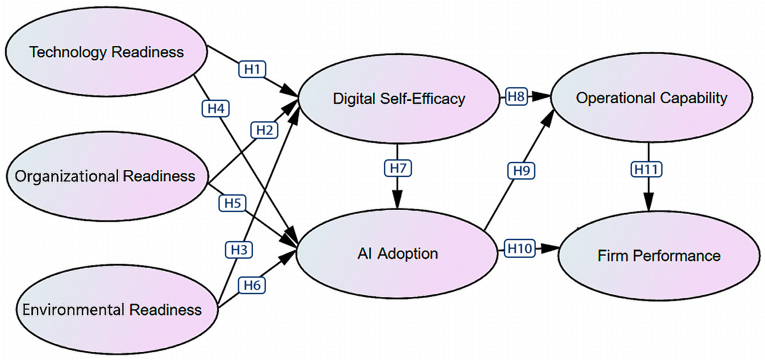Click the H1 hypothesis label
pyautogui.click(x=252, y=69)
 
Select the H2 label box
pyautogui.click(x=264, y=130)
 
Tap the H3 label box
pyautogui.click(x=239, y=250)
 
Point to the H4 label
pyautogui.click(x=216, y=108)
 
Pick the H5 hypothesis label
pyautogui.click(x=232, y=203)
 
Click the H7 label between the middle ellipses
pyautogui.click(x=398, y=168)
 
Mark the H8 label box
pyautogui.click(x=516, y=96)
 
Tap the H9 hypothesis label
pyautogui.click(x=521, y=171)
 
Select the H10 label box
pyautogui.click(x=520, y=248)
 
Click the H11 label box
pyautogui.click(x=646, y=169)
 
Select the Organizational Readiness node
pyautogui.click(x=107, y=176)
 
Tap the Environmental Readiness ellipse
pyautogui.click(x=117, y=309)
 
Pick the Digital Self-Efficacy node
pyautogui.click(x=399, y=99)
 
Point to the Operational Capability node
pyautogui.click(x=652, y=97)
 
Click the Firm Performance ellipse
pyautogui.click(x=659, y=256)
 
